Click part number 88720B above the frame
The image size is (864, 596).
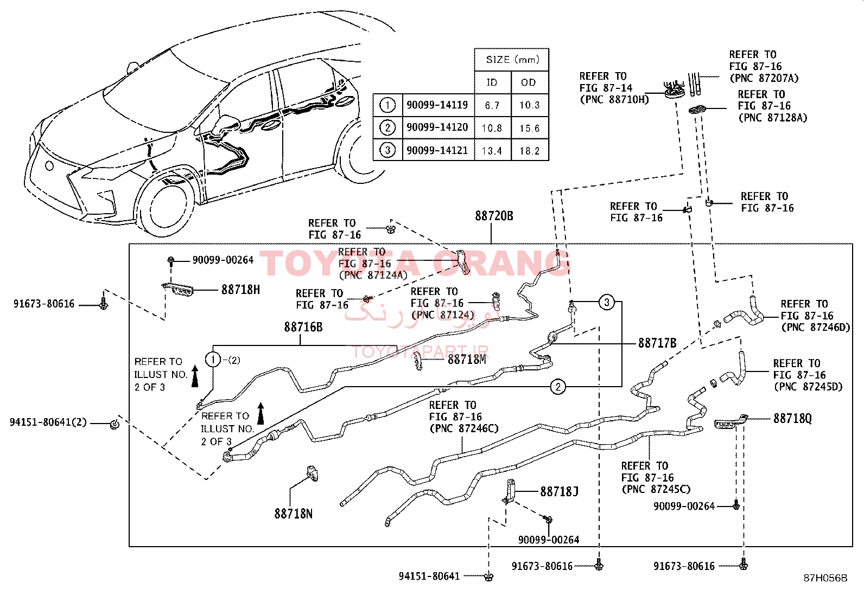point(494,216)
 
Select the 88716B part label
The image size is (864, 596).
point(303,327)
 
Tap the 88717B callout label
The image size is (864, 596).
point(657,343)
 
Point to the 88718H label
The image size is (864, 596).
point(240,290)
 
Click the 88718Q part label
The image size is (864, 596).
point(793,418)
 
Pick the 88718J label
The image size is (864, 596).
point(560,491)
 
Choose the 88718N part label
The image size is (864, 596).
point(294,514)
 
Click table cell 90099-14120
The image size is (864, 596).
point(437,127)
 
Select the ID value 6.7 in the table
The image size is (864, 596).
point(492,105)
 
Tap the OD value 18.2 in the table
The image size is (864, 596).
point(529,151)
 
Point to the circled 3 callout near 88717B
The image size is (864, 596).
point(607,302)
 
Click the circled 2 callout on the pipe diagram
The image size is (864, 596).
point(558,387)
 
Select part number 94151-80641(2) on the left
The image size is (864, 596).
point(48,422)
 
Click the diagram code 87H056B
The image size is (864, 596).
point(825,578)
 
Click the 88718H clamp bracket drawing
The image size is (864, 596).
point(177,290)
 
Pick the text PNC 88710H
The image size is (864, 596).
point(615,99)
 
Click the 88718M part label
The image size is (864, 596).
point(467,360)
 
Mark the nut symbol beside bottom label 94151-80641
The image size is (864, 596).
point(488,576)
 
